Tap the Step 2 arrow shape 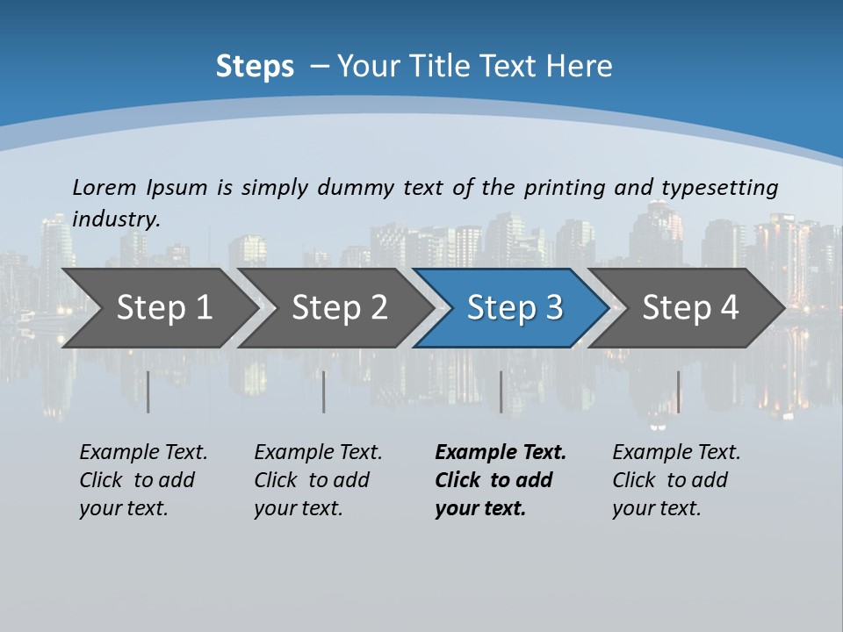(x=337, y=308)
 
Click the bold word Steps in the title (x=255, y=67)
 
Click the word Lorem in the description (x=104, y=187)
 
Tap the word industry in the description (x=116, y=219)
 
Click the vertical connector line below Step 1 (x=148, y=391)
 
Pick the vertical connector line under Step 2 (x=324, y=391)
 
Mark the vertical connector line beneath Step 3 (x=501, y=391)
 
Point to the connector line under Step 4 (x=678, y=391)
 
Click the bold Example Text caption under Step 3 (x=501, y=480)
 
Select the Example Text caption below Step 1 (x=143, y=480)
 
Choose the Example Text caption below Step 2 (x=318, y=480)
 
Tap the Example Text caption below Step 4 (x=676, y=480)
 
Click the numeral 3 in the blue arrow (x=552, y=308)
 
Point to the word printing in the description (x=564, y=188)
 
